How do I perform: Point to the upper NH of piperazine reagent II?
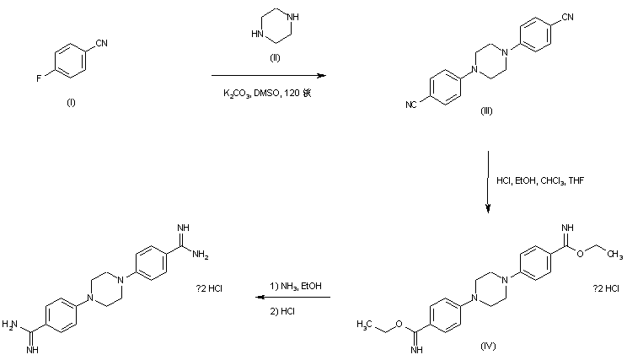[x=292, y=15]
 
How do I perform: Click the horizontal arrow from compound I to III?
[x=266, y=75]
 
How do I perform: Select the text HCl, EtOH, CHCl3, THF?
[x=533, y=180]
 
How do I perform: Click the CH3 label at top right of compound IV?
[x=614, y=255]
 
